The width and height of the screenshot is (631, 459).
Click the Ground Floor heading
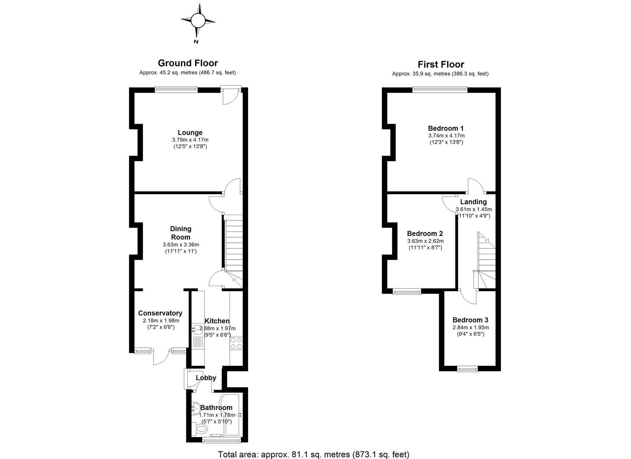188,63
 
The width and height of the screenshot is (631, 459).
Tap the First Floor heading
441,65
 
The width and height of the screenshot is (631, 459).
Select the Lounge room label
190,133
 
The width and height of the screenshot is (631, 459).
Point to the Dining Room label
181,233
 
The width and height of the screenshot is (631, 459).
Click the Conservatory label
160,313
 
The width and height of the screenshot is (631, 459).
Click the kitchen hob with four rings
236,343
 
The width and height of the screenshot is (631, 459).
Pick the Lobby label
206,378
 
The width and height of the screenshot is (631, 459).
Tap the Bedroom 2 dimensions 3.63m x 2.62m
425,241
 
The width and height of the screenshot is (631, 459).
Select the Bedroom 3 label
470,320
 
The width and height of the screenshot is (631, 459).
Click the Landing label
473,202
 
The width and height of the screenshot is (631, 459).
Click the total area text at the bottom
313,454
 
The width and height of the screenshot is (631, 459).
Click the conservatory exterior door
161,357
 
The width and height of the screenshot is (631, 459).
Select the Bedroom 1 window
439,89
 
